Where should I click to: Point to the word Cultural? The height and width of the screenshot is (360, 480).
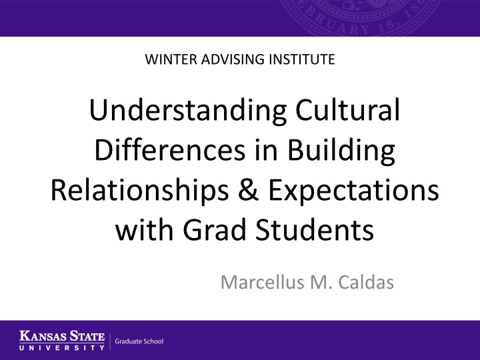(x=348, y=110)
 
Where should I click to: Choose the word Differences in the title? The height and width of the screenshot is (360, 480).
(x=170, y=149)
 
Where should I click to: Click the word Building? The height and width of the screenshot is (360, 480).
(x=341, y=151)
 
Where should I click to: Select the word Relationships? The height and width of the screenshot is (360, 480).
(x=139, y=191)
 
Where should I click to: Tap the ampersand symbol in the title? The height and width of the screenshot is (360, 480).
(x=248, y=190)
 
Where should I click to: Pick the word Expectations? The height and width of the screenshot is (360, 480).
(x=353, y=191)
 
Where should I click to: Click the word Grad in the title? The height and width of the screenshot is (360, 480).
(x=215, y=229)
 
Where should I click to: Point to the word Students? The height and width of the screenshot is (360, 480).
(x=315, y=229)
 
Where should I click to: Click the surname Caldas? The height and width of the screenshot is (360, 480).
(x=366, y=282)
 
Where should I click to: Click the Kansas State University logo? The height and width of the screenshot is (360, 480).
(x=62, y=340)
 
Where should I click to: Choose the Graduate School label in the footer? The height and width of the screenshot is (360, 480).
(x=139, y=341)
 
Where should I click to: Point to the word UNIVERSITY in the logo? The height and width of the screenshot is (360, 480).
(x=62, y=348)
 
